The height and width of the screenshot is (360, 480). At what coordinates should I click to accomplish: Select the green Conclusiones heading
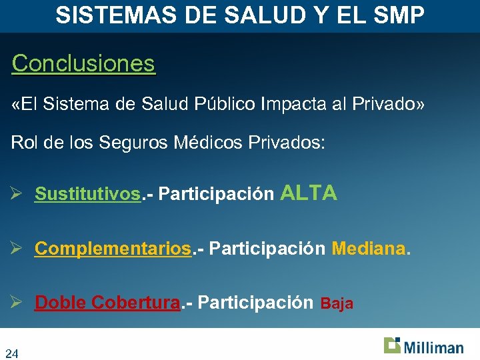[x=83, y=64]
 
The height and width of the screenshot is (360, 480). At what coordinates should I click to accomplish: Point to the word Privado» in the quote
[x=393, y=105]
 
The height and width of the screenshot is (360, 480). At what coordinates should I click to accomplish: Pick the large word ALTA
[x=309, y=193]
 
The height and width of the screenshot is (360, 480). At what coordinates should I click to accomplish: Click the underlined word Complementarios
[x=113, y=249]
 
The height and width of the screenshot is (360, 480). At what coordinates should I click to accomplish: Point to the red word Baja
[x=337, y=304]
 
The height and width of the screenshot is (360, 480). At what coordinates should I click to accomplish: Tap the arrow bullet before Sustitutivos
[x=18, y=194]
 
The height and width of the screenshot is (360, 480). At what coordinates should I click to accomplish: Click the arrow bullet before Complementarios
[x=18, y=249]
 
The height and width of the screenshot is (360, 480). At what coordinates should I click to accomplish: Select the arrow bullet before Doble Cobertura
[x=18, y=303]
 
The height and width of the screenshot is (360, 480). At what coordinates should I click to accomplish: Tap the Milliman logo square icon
[x=392, y=345]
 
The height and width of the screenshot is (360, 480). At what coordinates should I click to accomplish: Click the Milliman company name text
[x=433, y=347]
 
